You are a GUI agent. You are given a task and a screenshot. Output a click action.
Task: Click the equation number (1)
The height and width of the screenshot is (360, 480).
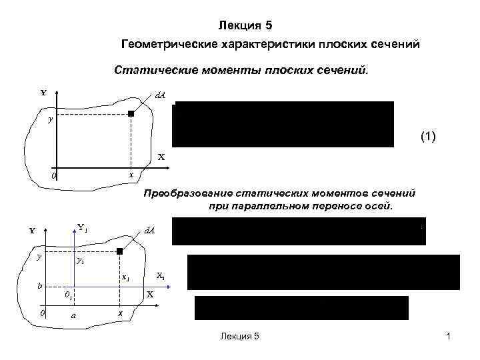(428, 137)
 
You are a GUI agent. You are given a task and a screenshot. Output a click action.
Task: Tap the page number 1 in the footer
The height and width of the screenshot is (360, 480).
(449, 337)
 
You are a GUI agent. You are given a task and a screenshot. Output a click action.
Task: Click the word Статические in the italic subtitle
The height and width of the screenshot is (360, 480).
(153, 69)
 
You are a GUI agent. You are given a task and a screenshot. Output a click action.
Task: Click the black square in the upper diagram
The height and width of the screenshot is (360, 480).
(131, 114)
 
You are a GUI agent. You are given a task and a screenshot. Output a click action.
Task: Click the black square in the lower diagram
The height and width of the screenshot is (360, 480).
(120, 251)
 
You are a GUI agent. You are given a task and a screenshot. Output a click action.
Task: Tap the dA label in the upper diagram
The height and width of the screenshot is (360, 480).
(160, 96)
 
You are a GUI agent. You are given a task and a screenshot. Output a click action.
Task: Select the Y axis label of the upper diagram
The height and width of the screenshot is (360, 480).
(43, 93)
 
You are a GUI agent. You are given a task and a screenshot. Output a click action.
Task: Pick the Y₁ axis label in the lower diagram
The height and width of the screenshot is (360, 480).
(83, 227)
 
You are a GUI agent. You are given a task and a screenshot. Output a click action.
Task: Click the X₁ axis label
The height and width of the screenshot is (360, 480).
(161, 275)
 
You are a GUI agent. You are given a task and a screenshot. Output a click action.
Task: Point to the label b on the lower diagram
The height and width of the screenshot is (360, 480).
(40, 285)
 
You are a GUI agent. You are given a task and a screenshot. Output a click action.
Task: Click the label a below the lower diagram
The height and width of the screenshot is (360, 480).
(73, 315)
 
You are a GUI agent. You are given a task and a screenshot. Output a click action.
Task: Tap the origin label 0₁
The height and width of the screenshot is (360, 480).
(69, 295)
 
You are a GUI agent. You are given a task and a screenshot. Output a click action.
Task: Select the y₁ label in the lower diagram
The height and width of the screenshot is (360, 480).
(81, 261)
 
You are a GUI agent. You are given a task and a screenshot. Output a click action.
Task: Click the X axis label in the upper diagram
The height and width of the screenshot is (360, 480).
(161, 157)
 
